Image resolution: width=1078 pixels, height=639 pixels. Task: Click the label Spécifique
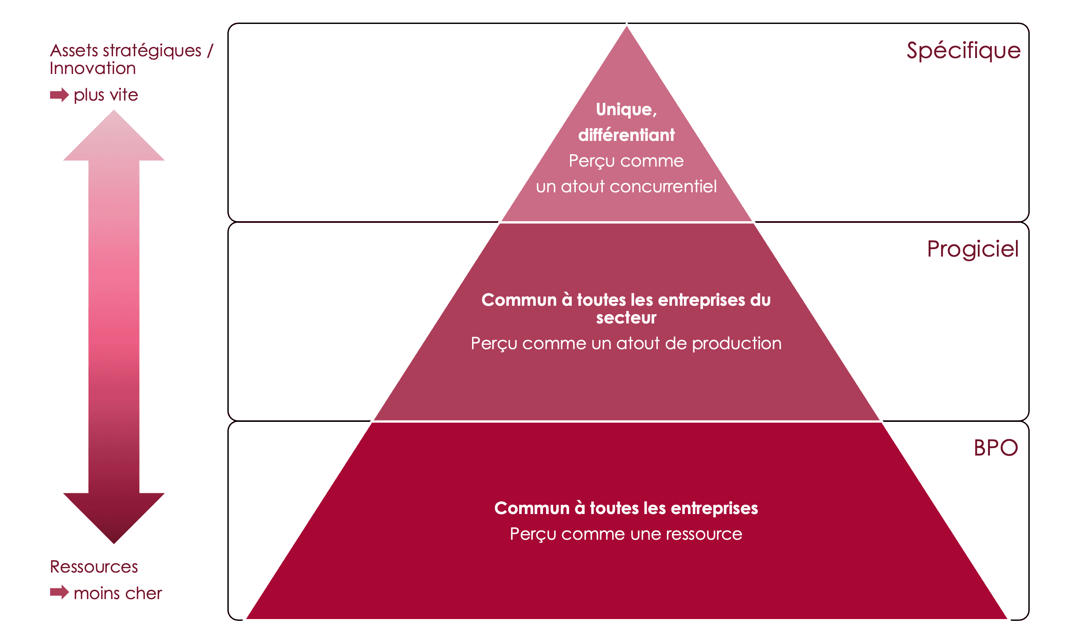963,51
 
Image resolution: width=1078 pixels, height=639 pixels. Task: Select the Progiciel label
973,249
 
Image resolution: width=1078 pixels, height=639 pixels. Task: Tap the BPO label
996,448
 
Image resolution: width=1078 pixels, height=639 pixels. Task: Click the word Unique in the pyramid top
624,109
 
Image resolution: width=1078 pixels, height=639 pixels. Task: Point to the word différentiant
626,135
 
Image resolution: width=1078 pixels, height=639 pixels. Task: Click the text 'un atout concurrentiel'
626,187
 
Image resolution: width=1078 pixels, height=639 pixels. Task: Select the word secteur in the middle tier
626,318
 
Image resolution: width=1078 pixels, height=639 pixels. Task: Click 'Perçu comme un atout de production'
626,343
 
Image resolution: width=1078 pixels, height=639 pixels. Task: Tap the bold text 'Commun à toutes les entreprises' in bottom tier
626,508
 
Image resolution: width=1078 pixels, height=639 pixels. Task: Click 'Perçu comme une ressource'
626,534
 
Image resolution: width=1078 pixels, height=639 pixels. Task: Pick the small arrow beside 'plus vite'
59,95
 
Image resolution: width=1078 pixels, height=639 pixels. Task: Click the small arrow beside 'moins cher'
59,592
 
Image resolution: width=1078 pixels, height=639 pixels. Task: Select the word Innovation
93,69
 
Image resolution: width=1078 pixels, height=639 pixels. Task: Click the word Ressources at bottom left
94,567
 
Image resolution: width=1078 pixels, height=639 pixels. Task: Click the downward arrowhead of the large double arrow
114,516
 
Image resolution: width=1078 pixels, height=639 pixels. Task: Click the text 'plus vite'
106,95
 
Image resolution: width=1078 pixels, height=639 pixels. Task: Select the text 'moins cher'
118,593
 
